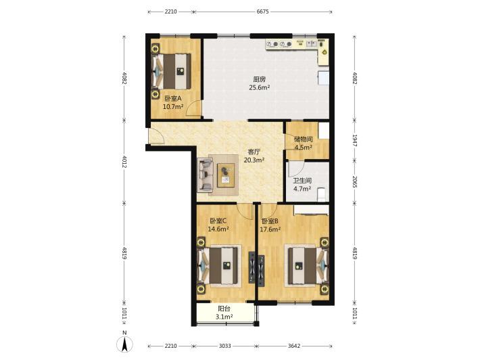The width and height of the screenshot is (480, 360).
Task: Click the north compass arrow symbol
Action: pyautogui.click(x=124, y=344)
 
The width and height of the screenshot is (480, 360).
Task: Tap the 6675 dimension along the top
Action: pyautogui.click(x=262, y=12)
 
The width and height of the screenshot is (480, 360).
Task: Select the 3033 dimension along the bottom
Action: pyautogui.click(x=224, y=346)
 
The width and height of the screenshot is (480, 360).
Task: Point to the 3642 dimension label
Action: pyautogui.click(x=294, y=346)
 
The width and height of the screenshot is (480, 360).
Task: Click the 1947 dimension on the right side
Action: pyautogui.click(x=354, y=140)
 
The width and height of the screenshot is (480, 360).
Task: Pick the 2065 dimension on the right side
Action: pyautogui.click(x=354, y=181)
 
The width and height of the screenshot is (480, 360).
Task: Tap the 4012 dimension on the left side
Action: pyautogui.click(x=124, y=162)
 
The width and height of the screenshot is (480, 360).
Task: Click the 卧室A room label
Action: pyautogui.click(x=173, y=98)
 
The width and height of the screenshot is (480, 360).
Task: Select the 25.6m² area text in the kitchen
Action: pyautogui.click(x=260, y=87)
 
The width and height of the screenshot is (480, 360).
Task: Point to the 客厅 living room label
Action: pyautogui.click(x=254, y=152)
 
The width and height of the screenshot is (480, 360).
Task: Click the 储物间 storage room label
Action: pyautogui.click(x=304, y=139)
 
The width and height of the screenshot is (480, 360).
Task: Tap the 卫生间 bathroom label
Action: pyautogui.click(x=302, y=181)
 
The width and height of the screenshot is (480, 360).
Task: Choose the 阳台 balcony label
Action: pyautogui.click(x=224, y=309)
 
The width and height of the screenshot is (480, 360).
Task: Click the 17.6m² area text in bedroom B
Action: pyautogui.click(x=270, y=229)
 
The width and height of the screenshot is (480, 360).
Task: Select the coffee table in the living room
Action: pyautogui.click(x=226, y=175)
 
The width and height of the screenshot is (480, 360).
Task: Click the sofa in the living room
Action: pyautogui.click(x=205, y=175)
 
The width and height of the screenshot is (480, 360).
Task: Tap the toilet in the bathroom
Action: pyautogui.click(x=321, y=194)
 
